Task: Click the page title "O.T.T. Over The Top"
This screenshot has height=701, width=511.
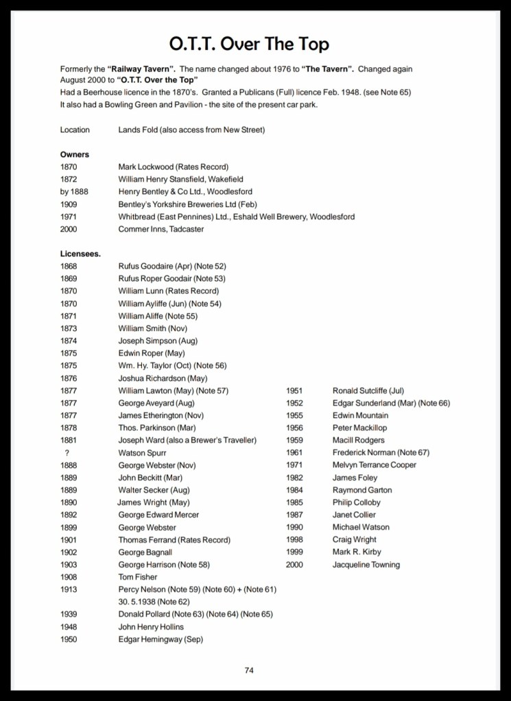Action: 249,44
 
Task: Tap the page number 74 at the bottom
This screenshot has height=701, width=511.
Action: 249,670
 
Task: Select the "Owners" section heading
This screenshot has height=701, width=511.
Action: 75,154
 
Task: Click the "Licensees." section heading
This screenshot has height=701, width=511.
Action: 80,254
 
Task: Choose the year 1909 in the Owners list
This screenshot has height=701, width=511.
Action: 69,204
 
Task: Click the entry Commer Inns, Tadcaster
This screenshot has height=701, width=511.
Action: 161,229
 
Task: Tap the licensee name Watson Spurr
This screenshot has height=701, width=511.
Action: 142,453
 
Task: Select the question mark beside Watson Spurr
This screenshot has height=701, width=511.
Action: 67,453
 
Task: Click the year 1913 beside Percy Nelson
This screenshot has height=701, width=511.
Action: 69,589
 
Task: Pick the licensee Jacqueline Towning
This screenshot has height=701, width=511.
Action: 366,565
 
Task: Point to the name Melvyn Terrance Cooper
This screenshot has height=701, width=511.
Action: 375,465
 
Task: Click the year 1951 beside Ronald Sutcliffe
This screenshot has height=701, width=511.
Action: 294,391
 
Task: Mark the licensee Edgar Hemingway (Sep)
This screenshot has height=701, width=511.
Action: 161,639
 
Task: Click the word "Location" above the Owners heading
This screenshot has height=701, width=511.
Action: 75,130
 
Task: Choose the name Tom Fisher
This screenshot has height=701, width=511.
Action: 138,577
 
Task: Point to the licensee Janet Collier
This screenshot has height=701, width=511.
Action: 355,515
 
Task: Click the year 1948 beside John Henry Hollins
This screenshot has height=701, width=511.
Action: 69,627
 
